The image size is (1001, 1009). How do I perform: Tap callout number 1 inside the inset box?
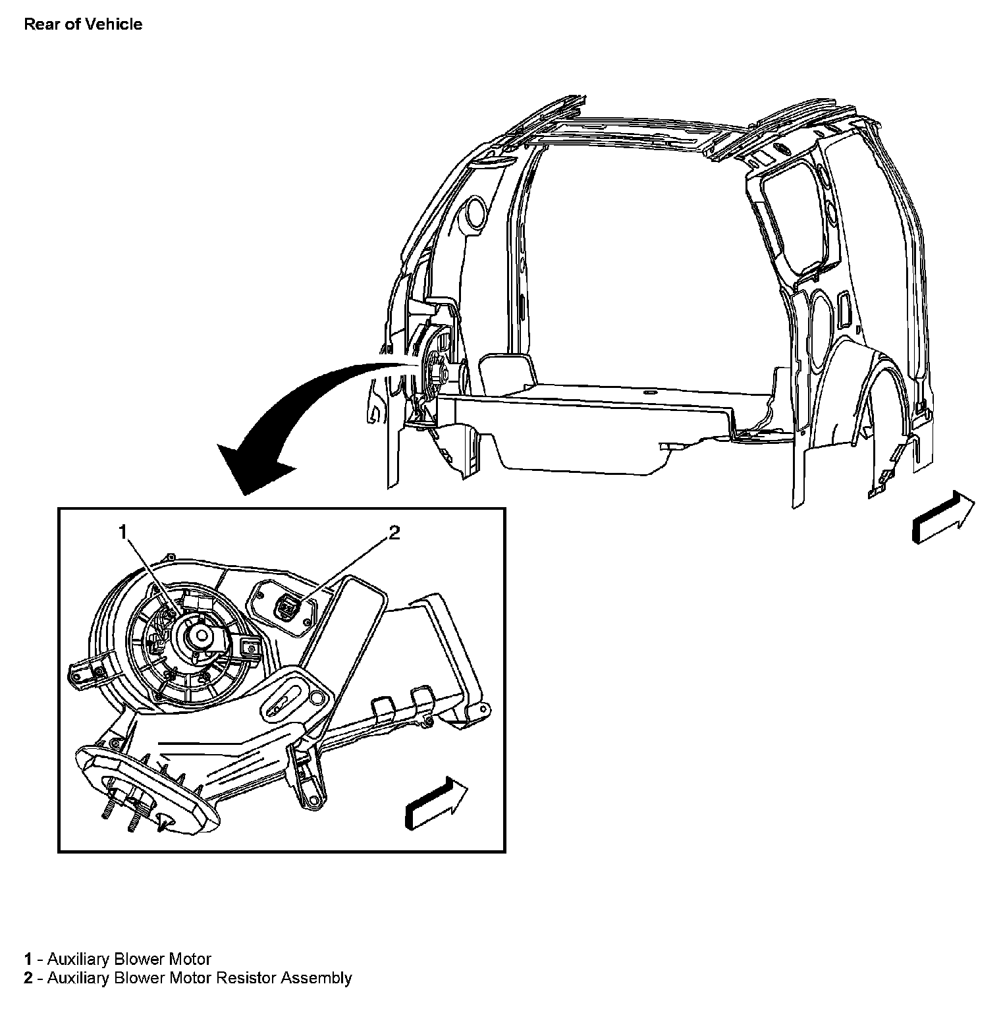tap(122, 532)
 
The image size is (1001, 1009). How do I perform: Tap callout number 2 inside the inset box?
tap(393, 532)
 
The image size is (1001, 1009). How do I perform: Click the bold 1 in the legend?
tap(28, 958)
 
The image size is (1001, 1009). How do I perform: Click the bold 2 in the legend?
tap(28, 978)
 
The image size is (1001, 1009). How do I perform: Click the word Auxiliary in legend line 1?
tap(72, 958)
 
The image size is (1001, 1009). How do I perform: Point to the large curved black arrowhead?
tap(254, 464)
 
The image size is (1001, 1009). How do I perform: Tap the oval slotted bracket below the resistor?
tap(285, 703)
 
